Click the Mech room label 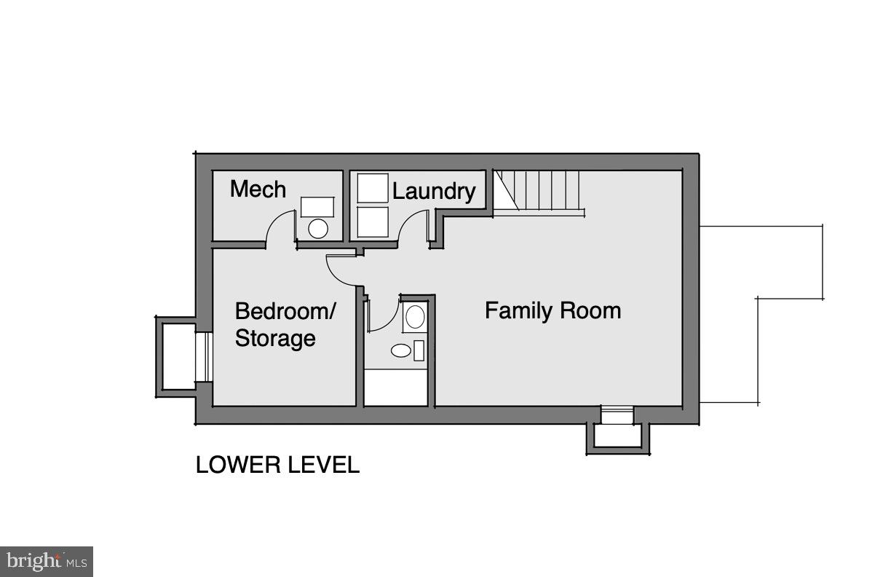tap(258, 189)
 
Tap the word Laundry tap(434, 192)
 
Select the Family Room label tap(553, 311)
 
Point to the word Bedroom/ tap(285, 312)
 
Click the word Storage tap(274, 339)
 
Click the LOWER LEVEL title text tap(277, 465)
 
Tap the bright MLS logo tap(46, 561)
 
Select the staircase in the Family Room tap(539, 192)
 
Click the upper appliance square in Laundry tap(373, 188)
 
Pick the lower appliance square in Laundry tap(373, 222)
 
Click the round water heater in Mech tap(318, 229)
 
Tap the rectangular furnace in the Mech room tap(318, 206)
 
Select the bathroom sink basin tap(414, 317)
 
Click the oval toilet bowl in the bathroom tap(401, 350)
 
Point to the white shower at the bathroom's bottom tap(395, 388)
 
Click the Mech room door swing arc tap(277, 224)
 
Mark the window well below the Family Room tap(618, 436)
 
